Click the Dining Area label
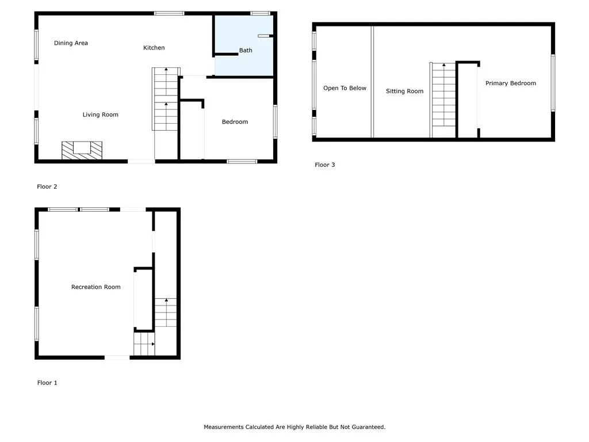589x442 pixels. coord(71,43)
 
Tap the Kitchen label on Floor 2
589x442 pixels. coord(154,48)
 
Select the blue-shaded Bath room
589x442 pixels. coord(244,45)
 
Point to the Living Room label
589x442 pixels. coord(100,115)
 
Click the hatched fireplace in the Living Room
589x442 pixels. coord(82,150)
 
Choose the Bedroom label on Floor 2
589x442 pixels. coord(235,122)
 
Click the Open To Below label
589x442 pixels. coord(345,88)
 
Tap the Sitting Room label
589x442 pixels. coord(404,92)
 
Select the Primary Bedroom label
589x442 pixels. coord(511,83)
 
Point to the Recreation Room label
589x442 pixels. coord(96,287)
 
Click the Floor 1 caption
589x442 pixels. coord(47,383)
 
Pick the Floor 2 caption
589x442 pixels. coord(47,186)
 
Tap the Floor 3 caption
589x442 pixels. coord(324,165)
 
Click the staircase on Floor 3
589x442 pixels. coord(443,100)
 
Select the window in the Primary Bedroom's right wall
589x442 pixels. coord(553,83)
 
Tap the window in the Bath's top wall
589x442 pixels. coord(261,14)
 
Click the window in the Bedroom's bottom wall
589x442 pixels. coord(242,162)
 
